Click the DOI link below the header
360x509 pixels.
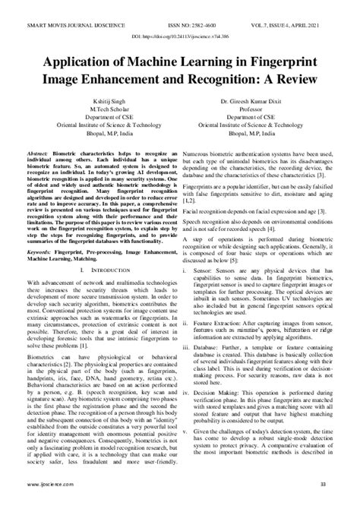179,37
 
